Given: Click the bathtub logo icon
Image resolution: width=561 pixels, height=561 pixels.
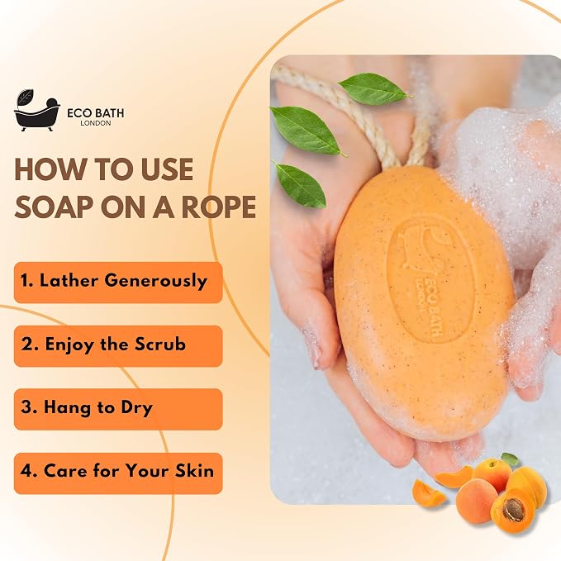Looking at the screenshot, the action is pos(36,111).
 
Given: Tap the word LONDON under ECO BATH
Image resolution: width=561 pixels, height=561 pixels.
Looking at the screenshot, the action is pos(96,123).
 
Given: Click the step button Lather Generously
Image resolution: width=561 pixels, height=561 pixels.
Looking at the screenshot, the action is pos(118,283).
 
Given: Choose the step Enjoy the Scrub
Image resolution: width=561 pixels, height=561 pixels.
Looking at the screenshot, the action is pos(118,346).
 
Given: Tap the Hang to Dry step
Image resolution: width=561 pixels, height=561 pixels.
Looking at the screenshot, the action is pos(118,409).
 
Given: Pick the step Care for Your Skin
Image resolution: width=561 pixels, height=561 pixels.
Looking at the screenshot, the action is pos(118,473).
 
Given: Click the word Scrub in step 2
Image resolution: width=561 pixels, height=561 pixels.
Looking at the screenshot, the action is pos(160,345).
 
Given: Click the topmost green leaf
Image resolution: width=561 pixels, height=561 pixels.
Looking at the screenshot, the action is pos(374,88).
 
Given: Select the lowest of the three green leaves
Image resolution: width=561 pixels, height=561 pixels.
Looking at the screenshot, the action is pos(300,184).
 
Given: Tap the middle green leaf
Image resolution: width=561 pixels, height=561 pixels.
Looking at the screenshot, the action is pos(307,131).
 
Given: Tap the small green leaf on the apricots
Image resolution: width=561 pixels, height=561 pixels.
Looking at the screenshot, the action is pos(510,459).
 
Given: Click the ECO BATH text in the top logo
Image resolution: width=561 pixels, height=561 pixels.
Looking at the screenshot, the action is pos(96,113).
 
